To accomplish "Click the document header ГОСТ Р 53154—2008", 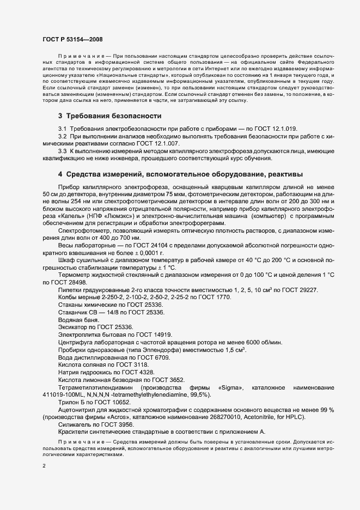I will [72, 40].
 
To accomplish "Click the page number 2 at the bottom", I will [44, 466].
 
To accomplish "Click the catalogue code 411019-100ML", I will [64, 394].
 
